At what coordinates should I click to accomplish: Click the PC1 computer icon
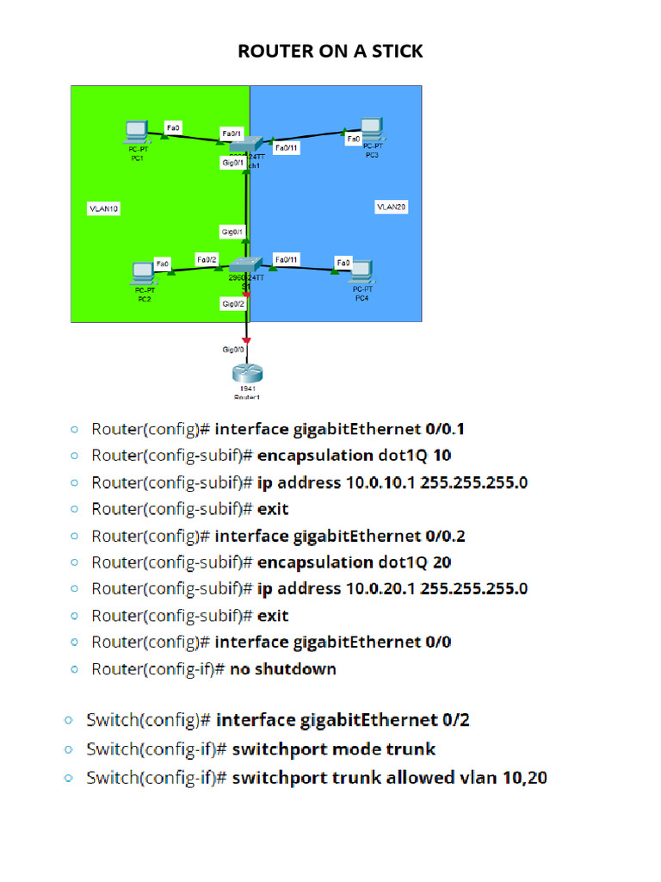click(x=136, y=132)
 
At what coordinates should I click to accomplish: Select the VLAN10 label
click(x=104, y=208)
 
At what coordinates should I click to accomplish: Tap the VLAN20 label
click(x=391, y=207)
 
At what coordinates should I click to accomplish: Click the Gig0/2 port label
click(x=233, y=303)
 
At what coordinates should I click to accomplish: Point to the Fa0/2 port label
click(x=207, y=258)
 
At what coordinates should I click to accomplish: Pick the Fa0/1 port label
click(x=232, y=134)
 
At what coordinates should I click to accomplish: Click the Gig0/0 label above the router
click(x=233, y=349)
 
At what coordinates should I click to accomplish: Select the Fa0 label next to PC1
click(x=173, y=127)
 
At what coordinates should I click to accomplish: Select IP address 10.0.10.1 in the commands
click(x=380, y=482)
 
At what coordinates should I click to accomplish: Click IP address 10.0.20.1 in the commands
click(x=380, y=589)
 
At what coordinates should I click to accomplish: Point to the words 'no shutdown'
click(x=283, y=669)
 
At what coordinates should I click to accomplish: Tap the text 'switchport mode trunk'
click(x=334, y=748)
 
